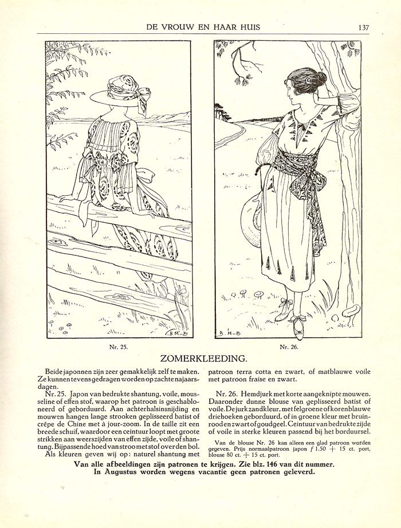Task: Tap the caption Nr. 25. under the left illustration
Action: point(119,347)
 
